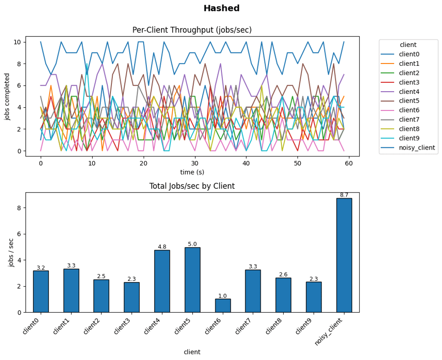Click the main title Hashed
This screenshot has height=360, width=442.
tap(221, 8)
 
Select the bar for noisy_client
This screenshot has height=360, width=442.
tap(344, 255)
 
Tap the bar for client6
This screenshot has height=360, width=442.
tap(222, 306)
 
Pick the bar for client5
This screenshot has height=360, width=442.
tap(192, 280)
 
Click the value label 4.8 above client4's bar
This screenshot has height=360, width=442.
tap(162, 247)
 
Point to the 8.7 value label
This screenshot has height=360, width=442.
tap(344, 195)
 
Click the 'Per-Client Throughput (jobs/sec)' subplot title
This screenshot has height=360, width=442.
tap(192, 30)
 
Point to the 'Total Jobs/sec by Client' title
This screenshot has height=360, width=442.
tap(192, 186)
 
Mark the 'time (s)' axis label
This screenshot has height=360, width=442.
tap(192, 172)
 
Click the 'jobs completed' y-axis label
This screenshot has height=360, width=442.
tap(7, 96)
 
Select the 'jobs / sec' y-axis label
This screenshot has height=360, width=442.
tap(11, 252)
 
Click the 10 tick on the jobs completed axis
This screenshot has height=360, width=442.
tap(18, 42)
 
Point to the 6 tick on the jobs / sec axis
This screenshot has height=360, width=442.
tap(20, 234)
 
